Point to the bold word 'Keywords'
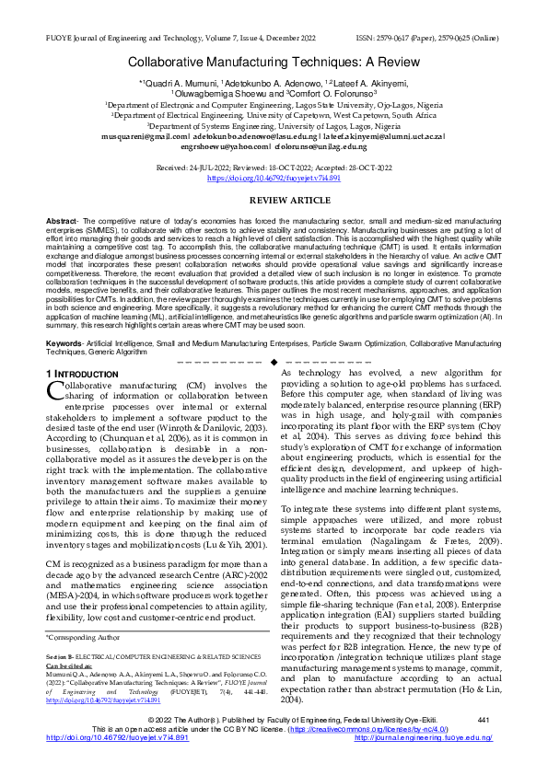[x=64, y=342]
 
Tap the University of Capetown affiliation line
[x=274, y=115]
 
